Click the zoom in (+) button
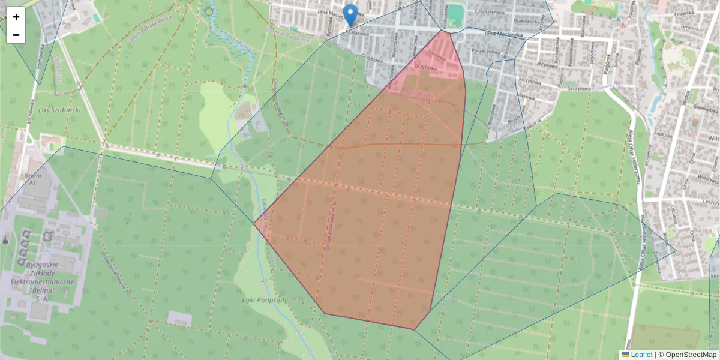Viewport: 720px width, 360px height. coord(16,17)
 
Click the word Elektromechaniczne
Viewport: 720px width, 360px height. coord(42,281)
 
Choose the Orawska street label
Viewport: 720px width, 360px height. coord(685,16)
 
